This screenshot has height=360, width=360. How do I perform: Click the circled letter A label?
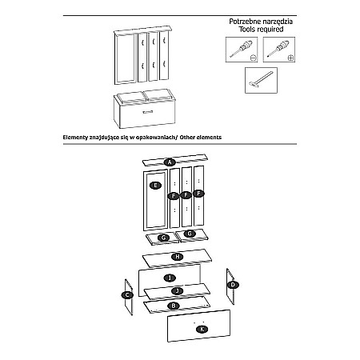170,162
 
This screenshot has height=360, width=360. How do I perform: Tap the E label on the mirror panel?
156,186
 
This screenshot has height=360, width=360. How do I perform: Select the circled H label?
178,257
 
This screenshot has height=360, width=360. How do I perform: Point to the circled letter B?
174,306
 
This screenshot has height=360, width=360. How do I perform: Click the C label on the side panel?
127,295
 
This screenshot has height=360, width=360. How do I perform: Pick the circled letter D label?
233,285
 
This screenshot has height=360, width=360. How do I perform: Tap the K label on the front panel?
202,329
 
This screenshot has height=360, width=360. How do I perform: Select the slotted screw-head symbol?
254,58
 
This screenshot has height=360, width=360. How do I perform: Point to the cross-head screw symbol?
290,58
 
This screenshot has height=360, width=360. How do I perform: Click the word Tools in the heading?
247,29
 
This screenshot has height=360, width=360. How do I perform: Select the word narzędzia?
278,22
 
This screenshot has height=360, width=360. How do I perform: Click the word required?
270,30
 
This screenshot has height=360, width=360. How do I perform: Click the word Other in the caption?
187,138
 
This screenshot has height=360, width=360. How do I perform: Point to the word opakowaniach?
155,138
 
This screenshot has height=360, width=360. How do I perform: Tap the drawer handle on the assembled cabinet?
148,111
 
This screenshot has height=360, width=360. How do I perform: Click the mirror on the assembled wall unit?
125,58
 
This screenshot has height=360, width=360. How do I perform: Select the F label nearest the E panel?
174,196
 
